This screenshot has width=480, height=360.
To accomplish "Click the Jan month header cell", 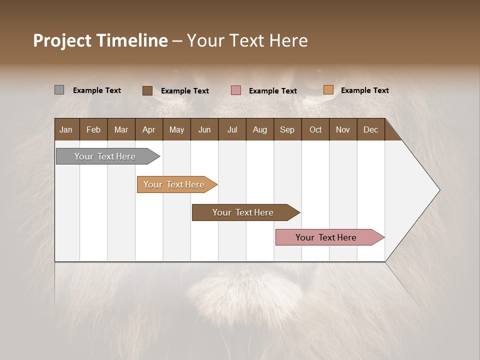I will click(x=66, y=129).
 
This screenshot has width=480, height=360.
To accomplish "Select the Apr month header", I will click(x=148, y=129).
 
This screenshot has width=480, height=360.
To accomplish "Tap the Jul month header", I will click(x=232, y=129).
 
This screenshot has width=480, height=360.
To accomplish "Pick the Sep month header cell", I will click(x=287, y=129).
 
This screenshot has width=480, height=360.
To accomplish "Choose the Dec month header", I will click(x=370, y=129).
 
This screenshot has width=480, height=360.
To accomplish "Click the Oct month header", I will click(x=315, y=129).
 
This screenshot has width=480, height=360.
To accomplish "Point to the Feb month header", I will click(x=93, y=129).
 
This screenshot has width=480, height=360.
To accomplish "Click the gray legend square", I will click(x=59, y=90).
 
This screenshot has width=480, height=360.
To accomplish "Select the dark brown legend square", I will click(x=147, y=90).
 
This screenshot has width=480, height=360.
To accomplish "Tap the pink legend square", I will click(x=236, y=90).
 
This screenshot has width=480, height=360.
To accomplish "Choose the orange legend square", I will click(x=328, y=90).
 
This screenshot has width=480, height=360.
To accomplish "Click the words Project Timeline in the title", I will click(x=100, y=40).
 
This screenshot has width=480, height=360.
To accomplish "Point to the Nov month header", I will click(x=342, y=129).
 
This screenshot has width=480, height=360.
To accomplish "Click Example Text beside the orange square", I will click(x=364, y=90).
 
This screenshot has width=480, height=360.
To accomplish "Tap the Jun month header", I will click(x=204, y=129).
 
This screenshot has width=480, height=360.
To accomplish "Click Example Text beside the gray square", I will click(x=97, y=90).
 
